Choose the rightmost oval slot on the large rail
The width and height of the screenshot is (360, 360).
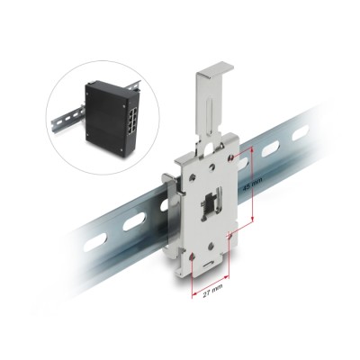click(x=297, y=133)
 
